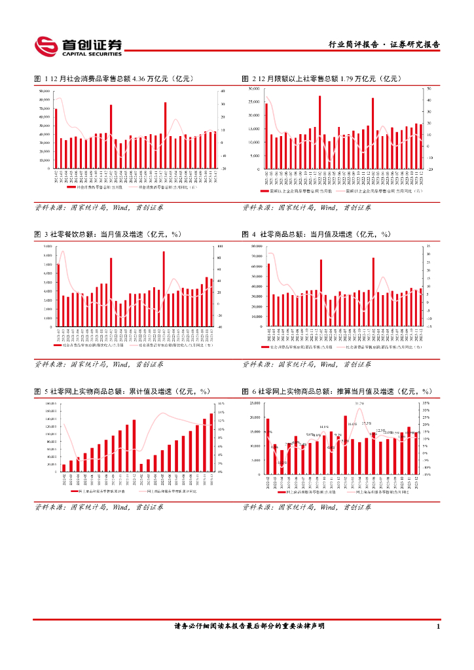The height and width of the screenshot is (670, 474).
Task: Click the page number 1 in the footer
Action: (437, 626)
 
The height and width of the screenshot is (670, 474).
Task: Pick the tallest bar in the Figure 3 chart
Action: (164, 289)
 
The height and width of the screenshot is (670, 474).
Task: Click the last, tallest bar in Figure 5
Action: (211, 442)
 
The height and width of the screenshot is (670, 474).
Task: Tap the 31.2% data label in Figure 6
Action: (359, 404)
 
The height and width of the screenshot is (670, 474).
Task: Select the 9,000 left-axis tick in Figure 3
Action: (47, 246)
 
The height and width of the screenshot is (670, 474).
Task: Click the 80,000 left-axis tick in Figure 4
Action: (255, 246)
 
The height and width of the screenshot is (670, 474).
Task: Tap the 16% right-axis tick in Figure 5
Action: (221, 404)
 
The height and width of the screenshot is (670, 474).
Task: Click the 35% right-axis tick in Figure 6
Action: (426, 403)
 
